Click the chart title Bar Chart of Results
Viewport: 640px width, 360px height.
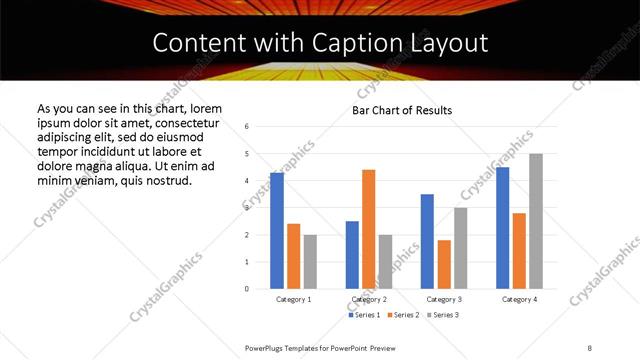click(402, 110)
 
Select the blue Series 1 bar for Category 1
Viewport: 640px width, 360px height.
click(277, 231)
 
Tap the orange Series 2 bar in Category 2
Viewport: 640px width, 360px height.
click(368, 229)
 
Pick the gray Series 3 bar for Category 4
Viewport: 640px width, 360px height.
click(536, 221)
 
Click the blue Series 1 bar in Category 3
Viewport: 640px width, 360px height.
click(427, 241)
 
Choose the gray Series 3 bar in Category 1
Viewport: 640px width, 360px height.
click(310, 262)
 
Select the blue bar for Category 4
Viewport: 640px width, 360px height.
click(503, 228)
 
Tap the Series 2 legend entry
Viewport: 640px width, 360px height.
click(403, 315)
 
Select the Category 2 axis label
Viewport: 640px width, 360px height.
click(369, 299)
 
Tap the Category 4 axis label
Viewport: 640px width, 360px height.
click(520, 299)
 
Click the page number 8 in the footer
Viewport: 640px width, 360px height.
click(590, 347)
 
